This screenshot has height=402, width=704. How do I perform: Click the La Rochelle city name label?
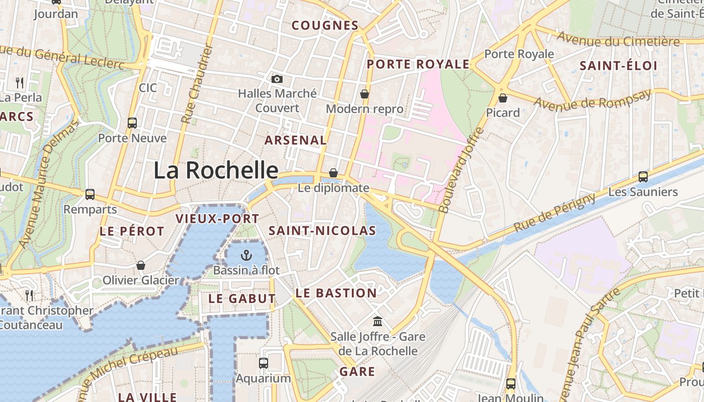[216, 170]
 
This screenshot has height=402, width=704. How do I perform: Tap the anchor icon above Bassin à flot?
[246, 255]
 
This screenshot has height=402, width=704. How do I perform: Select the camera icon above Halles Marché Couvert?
[277, 79]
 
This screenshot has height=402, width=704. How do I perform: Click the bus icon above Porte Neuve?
[132, 123]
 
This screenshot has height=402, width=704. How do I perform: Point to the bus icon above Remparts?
[90, 194]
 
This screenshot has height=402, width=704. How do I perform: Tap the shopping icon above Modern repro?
[365, 94]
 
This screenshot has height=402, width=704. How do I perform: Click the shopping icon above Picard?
[502, 97]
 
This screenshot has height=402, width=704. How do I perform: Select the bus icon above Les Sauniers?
[643, 176]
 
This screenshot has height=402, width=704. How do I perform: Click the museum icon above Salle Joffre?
[378, 321]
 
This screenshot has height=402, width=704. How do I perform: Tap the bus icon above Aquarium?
[263, 363]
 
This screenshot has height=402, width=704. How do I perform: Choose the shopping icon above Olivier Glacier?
[141, 265]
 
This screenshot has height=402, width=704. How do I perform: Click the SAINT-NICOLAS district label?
[322, 231]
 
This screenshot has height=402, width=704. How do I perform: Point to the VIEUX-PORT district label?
[217, 219]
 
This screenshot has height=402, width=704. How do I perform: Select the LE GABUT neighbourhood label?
[242, 298]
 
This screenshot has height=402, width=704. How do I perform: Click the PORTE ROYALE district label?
[418, 64]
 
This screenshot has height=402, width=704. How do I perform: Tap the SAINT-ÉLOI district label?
[619, 65]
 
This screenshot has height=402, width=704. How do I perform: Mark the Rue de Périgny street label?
[554, 213]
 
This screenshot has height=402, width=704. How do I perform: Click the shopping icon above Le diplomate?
[333, 173]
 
